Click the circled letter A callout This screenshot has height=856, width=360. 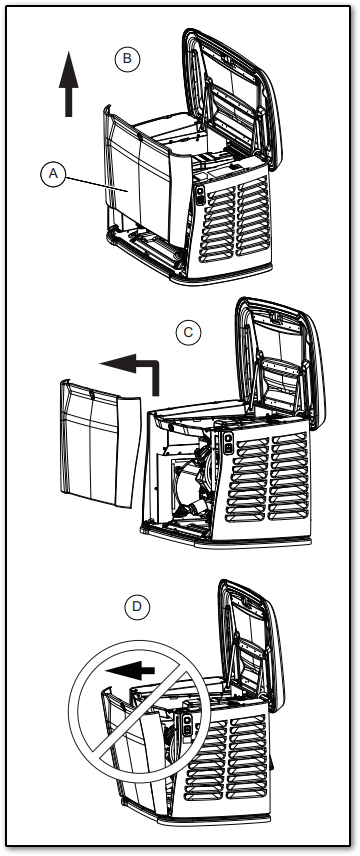point(53,174)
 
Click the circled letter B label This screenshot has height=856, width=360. point(127,58)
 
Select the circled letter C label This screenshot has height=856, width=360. point(188,332)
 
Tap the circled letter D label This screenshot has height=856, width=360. point(137,607)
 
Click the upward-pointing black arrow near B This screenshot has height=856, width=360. point(68,84)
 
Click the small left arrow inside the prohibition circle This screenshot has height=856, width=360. point(130,669)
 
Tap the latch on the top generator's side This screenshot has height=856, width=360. point(200,195)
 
